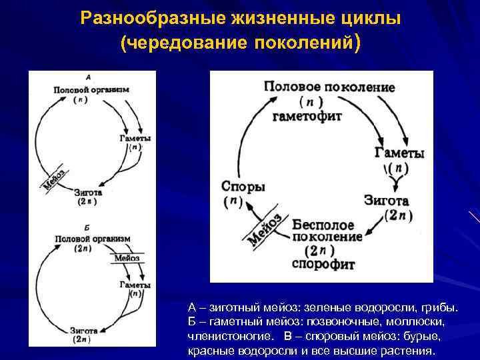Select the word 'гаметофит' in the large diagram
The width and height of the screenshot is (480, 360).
pyautogui.click(x=307, y=116)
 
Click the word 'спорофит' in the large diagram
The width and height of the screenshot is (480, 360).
pyautogui.click(x=323, y=263)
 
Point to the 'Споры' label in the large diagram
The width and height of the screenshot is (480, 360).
pyautogui.click(x=243, y=187)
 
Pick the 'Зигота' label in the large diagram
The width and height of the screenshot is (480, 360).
pyautogui.click(x=387, y=200)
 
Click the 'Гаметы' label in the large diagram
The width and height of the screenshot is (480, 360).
pyautogui.click(x=399, y=153)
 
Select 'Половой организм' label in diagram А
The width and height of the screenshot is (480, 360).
pyautogui.click(x=91, y=89)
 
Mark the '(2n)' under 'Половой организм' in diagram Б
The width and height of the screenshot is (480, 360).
pyautogui.click(x=83, y=247)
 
